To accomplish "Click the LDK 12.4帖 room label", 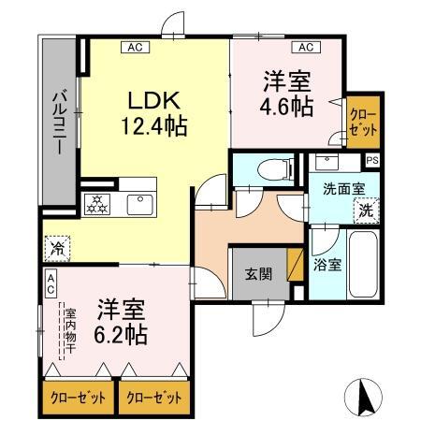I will pos(154,110).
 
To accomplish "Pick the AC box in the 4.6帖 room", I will pos(305,47).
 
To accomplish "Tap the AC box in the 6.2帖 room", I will pos(51,280).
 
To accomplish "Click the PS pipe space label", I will pos(373,161).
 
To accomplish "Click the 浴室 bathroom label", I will pos(328,264).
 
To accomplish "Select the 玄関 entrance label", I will pos(257,273).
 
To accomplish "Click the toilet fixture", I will pos(269,170).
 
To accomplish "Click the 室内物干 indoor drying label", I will pos(69,331).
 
